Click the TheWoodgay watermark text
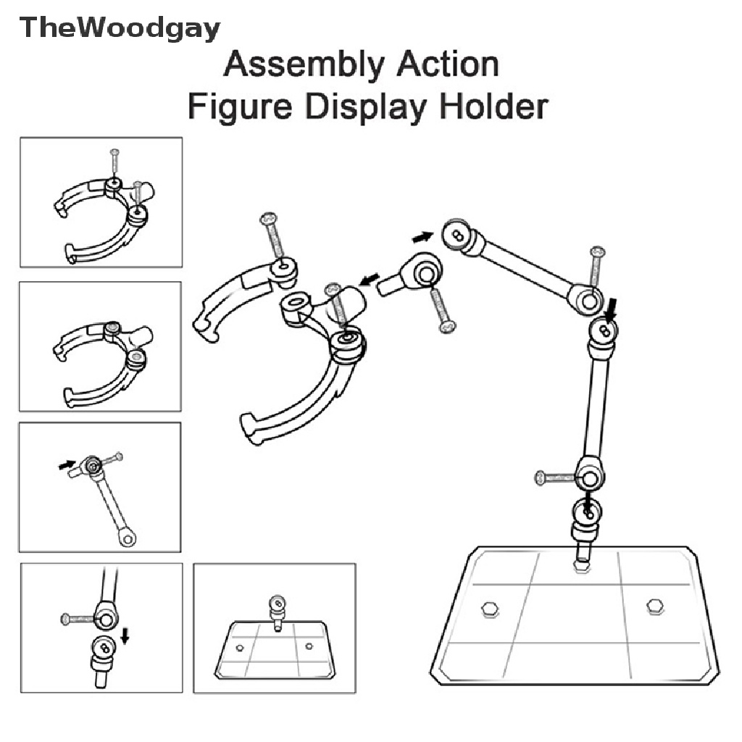click(120, 29)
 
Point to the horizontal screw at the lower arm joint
click(554, 477)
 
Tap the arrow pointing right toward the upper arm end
click(422, 236)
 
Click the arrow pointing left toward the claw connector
click(370, 278)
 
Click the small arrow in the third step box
click(66, 464)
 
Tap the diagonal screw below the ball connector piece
click(441, 310)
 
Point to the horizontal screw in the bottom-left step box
click(78, 619)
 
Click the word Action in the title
click(447, 66)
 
